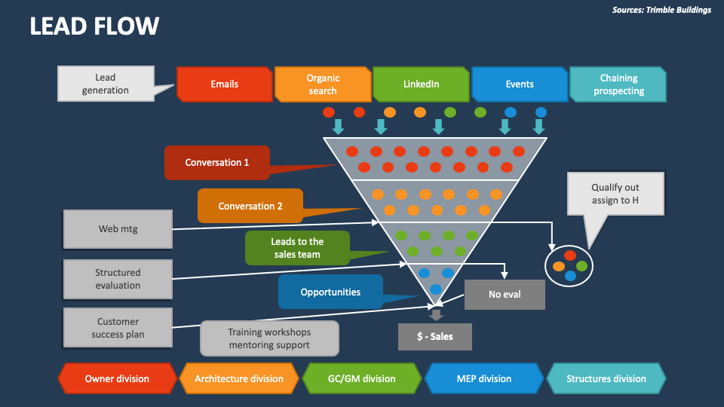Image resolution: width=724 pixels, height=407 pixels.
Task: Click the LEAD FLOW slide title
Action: tap(94, 26)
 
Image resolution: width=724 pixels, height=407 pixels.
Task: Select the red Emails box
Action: tap(224, 84)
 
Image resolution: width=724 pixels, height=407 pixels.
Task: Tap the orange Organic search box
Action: tap(322, 84)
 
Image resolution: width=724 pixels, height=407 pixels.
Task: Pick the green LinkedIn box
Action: tap(421, 84)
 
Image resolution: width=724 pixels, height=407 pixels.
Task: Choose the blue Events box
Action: tap(519, 84)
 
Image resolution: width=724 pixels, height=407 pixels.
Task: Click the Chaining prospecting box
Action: tap(618, 84)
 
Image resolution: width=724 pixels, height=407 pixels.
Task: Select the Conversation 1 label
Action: tap(217, 162)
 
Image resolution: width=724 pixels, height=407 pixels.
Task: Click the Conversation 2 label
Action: tap(250, 206)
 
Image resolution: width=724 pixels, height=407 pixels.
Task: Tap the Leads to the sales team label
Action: tap(297, 248)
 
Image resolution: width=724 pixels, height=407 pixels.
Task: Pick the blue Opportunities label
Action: tap(330, 292)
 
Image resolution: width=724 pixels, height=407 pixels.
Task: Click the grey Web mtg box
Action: tap(118, 229)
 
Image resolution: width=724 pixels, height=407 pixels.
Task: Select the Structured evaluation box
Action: tap(118, 279)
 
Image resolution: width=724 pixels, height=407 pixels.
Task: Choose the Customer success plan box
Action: tap(118, 328)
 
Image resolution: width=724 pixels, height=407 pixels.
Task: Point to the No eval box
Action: tap(505, 294)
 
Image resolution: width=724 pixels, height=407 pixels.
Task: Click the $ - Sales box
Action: tap(434, 336)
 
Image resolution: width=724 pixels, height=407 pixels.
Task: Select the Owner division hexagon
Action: tap(117, 378)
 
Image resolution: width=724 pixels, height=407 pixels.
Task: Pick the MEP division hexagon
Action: tap(483, 378)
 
